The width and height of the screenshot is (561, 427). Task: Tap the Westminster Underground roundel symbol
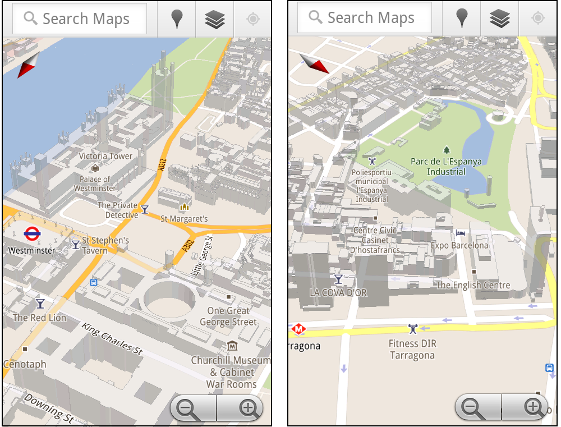31,233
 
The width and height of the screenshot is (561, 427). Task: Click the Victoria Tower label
105,156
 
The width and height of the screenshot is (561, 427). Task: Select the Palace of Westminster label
95,183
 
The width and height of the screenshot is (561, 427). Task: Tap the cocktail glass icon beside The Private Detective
145,209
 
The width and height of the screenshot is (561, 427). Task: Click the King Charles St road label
112,338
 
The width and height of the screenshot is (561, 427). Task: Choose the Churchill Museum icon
232,346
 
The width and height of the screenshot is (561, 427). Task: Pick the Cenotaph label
25,365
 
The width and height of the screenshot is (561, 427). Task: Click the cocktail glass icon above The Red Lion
40,304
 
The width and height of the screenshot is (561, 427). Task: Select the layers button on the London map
215,19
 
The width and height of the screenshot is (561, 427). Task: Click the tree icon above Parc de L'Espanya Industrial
447,150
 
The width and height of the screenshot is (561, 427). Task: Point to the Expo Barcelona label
459,245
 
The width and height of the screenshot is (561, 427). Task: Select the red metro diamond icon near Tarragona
298,329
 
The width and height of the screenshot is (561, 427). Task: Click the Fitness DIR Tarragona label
412,349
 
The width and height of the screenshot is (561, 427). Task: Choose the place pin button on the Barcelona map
462,18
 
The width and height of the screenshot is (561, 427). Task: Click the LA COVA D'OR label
338,292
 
